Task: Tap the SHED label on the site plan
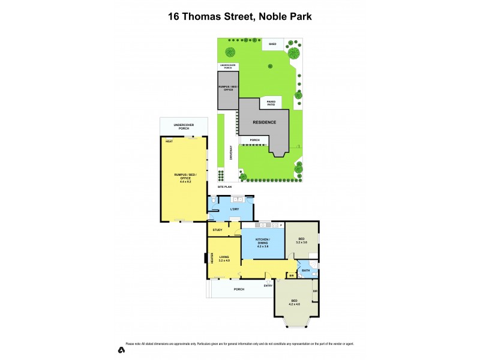click(x=272, y=44)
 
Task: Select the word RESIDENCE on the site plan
click(x=264, y=122)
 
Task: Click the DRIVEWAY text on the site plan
click(x=230, y=154)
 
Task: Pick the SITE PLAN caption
click(x=225, y=187)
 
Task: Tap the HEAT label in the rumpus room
click(x=169, y=142)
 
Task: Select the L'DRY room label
click(x=235, y=209)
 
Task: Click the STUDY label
click(x=217, y=229)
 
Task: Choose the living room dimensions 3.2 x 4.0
click(x=224, y=260)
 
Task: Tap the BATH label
click(x=305, y=271)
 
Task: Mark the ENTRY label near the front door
click(x=268, y=286)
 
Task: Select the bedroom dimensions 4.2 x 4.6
click(x=294, y=304)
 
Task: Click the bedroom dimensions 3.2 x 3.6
click(x=302, y=242)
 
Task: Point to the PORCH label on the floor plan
click(x=239, y=289)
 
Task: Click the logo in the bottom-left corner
click(x=122, y=349)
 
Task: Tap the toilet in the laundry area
click(x=214, y=200)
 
